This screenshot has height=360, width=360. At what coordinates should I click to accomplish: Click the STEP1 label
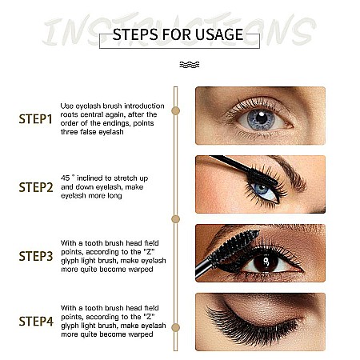click(35, 119)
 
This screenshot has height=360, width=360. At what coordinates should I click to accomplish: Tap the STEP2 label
click(36, 187)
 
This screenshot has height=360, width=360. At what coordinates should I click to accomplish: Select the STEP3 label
click(36, 256)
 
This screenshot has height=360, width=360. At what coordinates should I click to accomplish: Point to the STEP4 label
click(36, 322)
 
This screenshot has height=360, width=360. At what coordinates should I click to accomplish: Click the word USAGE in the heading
click(219, 34)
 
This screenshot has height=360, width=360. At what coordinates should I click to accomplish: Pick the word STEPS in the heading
click(135, 34)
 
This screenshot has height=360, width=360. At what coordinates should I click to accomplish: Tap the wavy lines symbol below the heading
click(190, 65)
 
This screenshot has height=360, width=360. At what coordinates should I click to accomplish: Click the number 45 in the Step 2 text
click(66, 178)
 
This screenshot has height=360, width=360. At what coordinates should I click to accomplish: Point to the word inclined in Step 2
click(90, 178)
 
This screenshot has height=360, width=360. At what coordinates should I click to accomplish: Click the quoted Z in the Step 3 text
click(149, 252)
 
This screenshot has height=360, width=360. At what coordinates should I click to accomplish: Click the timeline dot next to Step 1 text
click(175, 110)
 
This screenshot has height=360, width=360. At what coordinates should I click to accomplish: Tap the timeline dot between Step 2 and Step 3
click(175, 219)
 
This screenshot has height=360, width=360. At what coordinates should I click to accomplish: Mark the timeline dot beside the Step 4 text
click(175, 327)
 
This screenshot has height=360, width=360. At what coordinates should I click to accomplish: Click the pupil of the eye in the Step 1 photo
click(262, 118)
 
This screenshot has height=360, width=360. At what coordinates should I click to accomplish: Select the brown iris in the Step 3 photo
click(266, 262)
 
